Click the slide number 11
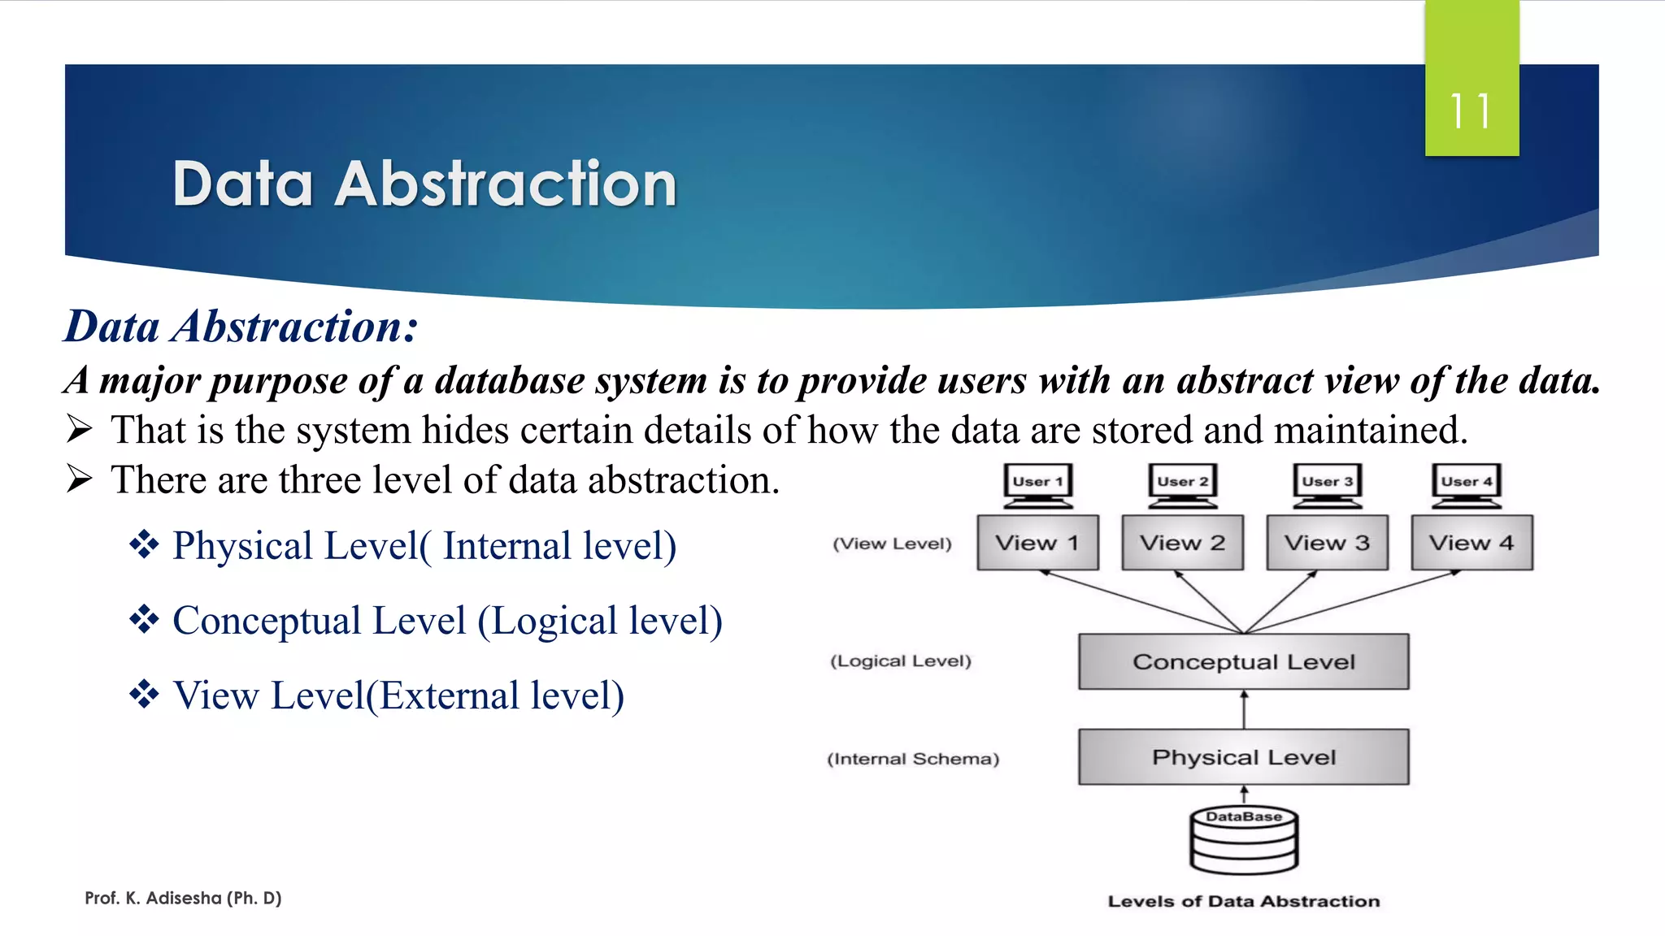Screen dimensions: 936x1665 (x=1471, y=111)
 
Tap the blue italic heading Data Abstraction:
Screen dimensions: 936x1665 (x=241, y=327)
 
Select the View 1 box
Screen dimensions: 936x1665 (x=1037, y=543)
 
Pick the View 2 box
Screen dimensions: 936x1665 (x=1182, y=543)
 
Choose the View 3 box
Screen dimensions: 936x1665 (x=1327, y=543)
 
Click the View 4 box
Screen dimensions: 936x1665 (x=1472, y=543)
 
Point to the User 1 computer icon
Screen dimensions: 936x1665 (x=1038, y=484)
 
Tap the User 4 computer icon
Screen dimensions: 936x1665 (x=1467, y=484)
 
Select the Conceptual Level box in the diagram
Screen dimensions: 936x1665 (x=1243, y=661)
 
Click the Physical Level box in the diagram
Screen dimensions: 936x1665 (x=1243, y=757)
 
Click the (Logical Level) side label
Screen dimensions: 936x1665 (x=901, y=661)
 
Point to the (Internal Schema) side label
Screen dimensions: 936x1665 (x=913, y=759)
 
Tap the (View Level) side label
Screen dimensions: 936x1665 (x=892, y=544)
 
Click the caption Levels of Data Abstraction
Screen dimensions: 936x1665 (x=1243, y=901)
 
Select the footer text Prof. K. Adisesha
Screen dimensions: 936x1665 (x=183, y=898)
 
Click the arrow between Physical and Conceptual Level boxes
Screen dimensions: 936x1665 (x=1244, y=709)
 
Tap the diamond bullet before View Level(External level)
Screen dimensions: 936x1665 (x=144, y=695)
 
